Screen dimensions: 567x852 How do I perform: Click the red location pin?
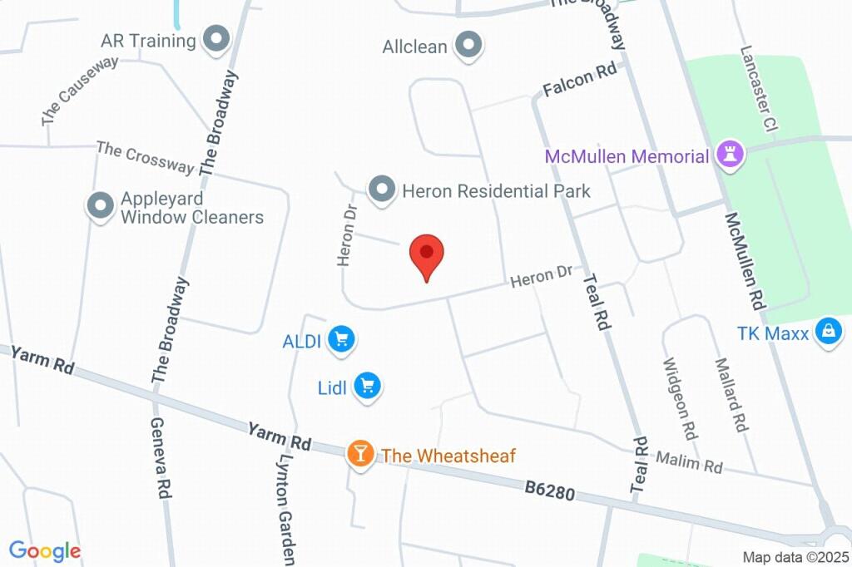pos(427,254)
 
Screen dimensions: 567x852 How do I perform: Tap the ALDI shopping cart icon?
pos(341,339)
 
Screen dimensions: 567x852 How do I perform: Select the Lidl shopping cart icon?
pos(367,386)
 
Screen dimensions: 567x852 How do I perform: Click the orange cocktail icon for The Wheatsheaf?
pos(359,454)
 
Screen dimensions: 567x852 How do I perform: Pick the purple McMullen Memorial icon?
pos(730,155)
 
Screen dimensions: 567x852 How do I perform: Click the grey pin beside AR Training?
pos(217,40)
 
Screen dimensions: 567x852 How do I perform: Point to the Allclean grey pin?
pos(468,47)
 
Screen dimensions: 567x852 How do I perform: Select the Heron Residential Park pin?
pos(382,190)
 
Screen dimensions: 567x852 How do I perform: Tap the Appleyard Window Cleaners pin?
pos(101,207)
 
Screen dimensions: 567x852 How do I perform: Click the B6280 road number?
pos(549,491)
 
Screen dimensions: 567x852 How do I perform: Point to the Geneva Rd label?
pos(161,457)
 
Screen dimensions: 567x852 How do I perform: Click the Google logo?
pos(44,550)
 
